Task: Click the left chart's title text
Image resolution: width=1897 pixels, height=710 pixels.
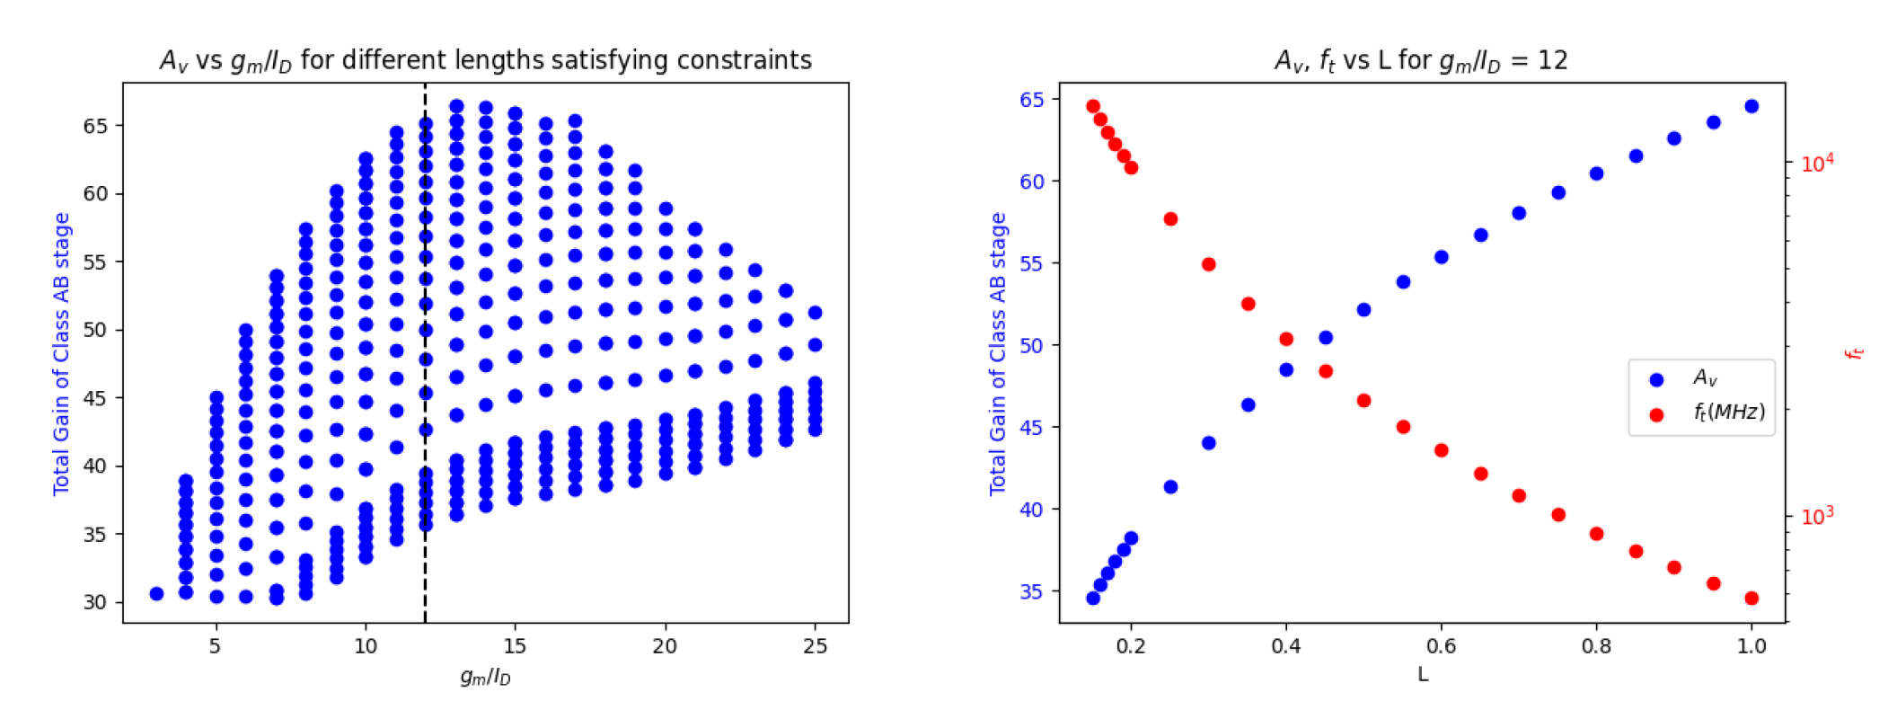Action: (485, 60)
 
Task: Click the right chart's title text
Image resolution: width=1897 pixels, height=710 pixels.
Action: (1421, 60)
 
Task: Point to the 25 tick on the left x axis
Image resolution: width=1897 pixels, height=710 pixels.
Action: (815, 646)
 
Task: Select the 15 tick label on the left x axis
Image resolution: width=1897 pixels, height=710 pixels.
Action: (515, 646)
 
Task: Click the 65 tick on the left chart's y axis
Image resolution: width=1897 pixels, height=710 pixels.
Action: (95, 126)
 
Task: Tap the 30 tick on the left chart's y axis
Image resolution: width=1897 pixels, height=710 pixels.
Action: (95, 602)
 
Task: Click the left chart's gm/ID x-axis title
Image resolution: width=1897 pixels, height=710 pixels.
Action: (485, 677)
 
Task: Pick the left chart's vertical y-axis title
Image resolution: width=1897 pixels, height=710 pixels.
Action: (61, 353)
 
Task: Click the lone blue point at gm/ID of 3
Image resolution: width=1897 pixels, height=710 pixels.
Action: (156, 594)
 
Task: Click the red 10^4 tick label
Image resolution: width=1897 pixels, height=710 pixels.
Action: (1817, 163)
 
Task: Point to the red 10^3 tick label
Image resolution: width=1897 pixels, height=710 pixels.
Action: (1817, 516)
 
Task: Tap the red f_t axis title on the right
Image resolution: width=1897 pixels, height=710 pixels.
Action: (1854, 353)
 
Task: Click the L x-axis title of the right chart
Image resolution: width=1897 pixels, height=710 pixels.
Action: (1423, 674)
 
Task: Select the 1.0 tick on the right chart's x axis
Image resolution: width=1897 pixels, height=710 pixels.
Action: (1751, 646)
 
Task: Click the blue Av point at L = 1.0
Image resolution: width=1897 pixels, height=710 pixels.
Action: (1751, 106)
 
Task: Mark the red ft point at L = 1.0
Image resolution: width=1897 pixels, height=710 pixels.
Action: (1751, 599)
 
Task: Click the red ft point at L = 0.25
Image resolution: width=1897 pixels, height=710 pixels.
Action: (1170, 219)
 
